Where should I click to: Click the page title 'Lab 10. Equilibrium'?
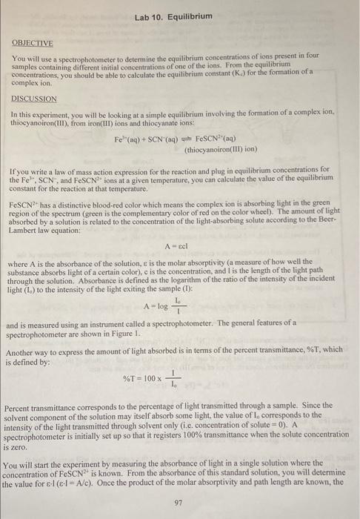tap(174, 16)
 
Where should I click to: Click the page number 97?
tap(178, 502)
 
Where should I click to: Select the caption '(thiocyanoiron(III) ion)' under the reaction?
tap(220, 151)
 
